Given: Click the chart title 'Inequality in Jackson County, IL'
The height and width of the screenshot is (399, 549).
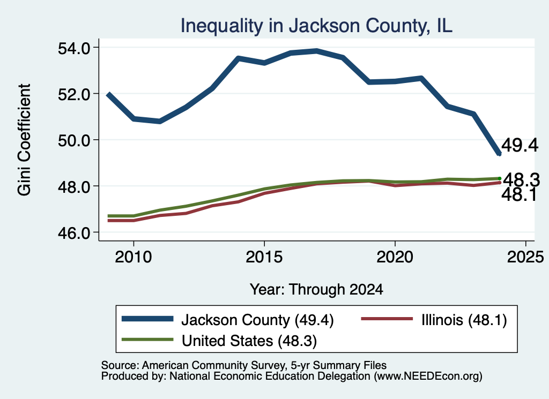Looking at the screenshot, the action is pos(316,26).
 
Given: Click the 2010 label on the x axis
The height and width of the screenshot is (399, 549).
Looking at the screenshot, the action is pos(133,257).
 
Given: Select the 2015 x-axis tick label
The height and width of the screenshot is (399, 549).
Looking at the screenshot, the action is pos(264,257).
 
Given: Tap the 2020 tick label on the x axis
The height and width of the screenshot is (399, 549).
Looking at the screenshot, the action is pos(395,257).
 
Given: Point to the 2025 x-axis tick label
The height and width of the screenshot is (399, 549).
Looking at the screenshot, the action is pos(525,257).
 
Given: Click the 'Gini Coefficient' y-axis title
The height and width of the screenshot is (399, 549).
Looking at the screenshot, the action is pos(25,140).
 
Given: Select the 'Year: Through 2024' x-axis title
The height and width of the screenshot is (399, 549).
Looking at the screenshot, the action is pos(316,290).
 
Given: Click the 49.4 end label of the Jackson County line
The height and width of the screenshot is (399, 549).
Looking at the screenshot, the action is pos(520,145).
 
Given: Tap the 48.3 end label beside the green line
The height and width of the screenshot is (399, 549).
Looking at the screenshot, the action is pos(521,180).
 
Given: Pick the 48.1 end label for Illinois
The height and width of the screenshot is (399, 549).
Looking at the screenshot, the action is pos(519,194).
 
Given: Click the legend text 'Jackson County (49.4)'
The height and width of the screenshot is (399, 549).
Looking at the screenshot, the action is pos(257,320).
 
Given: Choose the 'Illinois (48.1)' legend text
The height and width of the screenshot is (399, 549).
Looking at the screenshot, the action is pos(464,320).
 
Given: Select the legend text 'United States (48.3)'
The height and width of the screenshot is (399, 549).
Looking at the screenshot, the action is pos(249,341).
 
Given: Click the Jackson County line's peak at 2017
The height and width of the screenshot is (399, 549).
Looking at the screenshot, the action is pos(316,51).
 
